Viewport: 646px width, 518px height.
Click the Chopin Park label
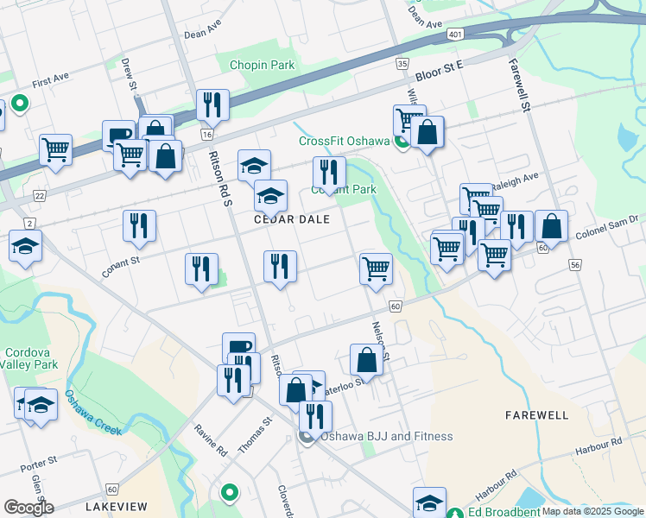click(x=262, y=65)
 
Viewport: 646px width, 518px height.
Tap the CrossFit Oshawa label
click(x=344, y=142)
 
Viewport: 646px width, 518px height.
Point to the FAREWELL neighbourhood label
click(x=536, y=415)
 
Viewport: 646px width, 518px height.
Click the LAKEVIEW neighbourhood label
click(x=116, y=506)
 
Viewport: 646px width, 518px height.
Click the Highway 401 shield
click(x=454, y=34)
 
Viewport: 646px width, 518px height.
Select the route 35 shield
click(x=402, y=64)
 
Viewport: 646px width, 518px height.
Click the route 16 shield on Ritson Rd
click(x=206, y=135)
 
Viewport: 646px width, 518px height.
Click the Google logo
click(x=28, y=508)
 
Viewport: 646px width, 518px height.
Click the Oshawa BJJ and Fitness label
click(x=386, y=436)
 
